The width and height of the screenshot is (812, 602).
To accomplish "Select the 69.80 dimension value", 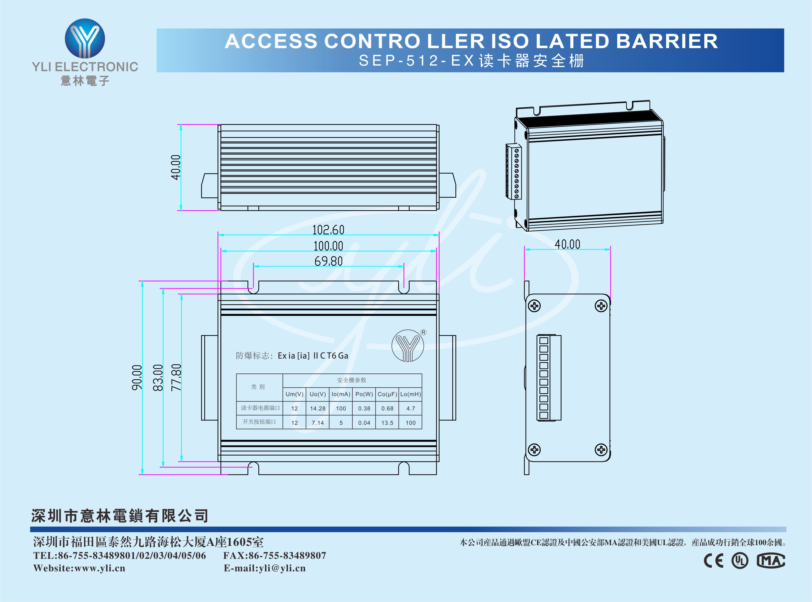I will coord(328,261).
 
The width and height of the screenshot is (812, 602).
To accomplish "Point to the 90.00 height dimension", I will coord(137,377).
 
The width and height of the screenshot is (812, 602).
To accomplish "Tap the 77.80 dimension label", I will coord(176,377).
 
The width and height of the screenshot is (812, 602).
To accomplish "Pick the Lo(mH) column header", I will coord(410,394).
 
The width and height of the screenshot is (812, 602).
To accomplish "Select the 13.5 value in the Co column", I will coord(387,423).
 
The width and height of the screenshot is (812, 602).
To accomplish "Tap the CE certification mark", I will coord(714,560).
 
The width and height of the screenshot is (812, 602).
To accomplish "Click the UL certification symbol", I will coord(740,560).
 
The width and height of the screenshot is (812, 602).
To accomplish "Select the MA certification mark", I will coord(771,560).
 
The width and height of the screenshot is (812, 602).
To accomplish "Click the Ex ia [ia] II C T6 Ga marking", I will coord(313,356).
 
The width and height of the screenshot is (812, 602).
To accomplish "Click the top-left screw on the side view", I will coord(534,306).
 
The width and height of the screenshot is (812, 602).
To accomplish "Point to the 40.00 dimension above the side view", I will coord(567,244).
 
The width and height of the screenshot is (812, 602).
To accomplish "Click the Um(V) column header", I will coord(294,394).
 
